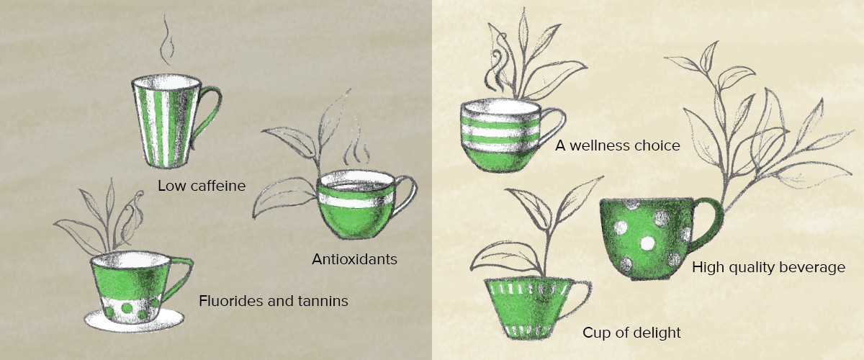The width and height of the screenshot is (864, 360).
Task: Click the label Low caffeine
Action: point(202,186)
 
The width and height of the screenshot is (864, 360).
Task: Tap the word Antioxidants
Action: point(354,259)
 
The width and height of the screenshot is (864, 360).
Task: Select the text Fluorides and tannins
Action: point(274,301)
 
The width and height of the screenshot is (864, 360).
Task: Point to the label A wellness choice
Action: point(618,146)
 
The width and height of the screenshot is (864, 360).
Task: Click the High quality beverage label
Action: point(769,267)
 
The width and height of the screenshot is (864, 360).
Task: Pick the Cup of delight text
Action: point(632,333)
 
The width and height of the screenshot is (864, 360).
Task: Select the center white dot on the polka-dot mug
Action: point(647,243)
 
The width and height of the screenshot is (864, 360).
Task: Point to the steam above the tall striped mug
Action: point(167,40)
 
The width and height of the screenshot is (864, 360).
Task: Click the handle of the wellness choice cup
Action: point(555,125)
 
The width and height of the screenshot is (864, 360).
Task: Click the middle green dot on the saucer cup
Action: point(127,307)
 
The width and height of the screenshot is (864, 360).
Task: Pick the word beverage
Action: point(814,268)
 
